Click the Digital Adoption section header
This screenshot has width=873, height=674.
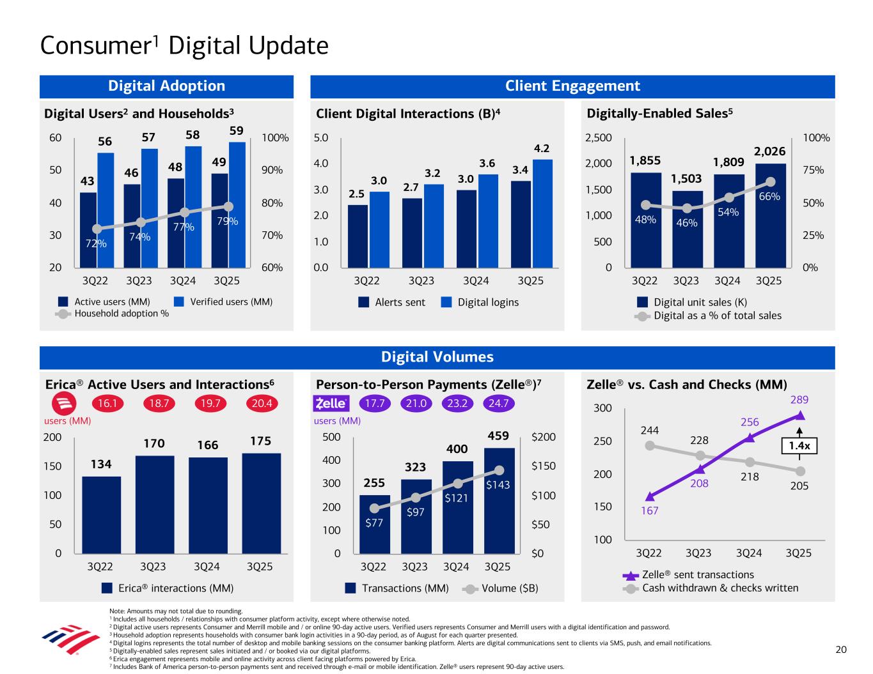click(166, 86)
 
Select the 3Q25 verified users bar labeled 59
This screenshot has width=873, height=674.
click(237, 204)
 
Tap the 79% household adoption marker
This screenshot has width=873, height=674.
click(228, 206)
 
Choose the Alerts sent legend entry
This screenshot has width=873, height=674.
click(391, 302)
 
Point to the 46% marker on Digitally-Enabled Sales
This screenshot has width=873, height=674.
click(687, 208)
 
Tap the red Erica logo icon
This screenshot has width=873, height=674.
click(63, 404)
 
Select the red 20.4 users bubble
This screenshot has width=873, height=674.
click(262, 404)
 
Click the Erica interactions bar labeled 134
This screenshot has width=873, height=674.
click(101, 514)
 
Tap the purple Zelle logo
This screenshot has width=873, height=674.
click(331, 404)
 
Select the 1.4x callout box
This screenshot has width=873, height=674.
click(800, 447)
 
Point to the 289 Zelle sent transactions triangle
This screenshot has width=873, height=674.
click(799, 416)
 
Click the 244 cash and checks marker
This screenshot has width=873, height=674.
click(650, 445)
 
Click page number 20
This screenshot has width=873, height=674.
click(841, 650)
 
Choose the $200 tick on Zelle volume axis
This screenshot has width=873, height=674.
click(544, 438)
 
